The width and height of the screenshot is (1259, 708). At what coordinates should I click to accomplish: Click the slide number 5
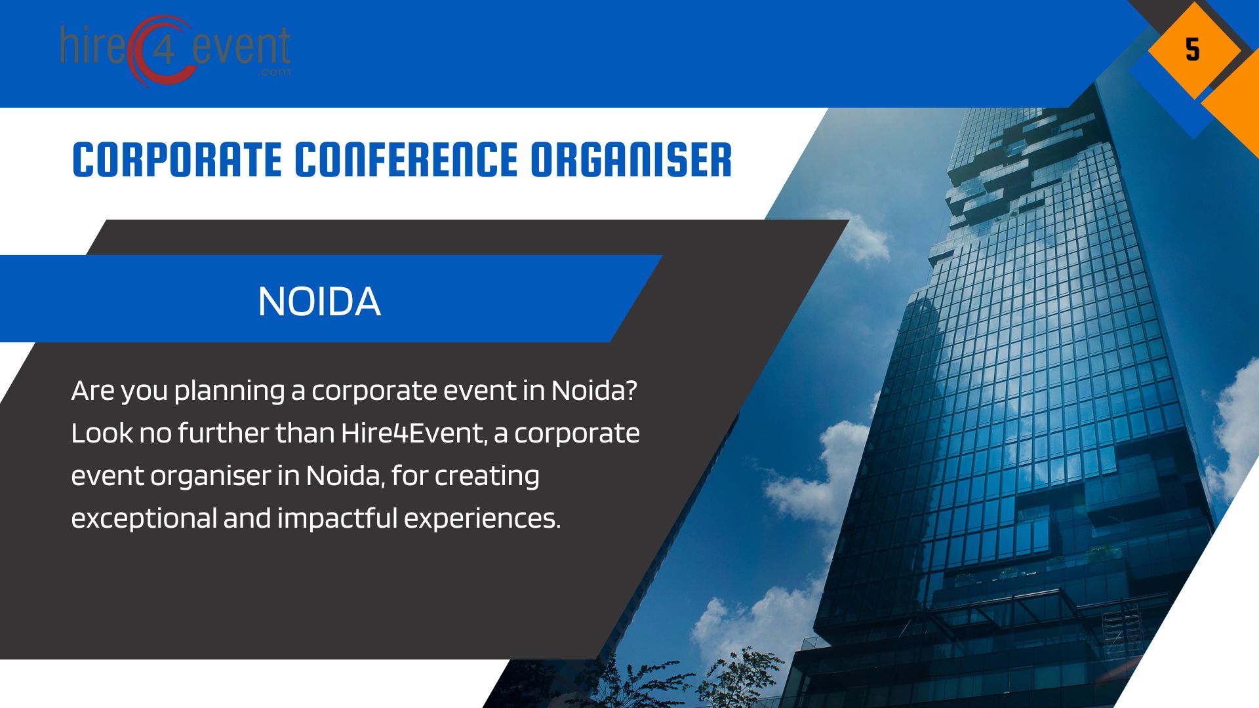tap(1192, 50)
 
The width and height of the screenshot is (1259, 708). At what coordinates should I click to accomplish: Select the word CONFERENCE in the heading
tap(406, 160)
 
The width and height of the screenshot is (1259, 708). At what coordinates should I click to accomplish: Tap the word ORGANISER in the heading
tap(631, 160)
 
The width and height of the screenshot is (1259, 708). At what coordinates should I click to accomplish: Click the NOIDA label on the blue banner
tap(319, 302)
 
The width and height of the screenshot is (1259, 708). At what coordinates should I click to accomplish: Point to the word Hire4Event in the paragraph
tap(413, 433)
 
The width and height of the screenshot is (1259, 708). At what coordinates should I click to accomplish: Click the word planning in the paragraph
tap(230, 391)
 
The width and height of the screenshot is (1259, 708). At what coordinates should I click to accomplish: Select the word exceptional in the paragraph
tap(144, 519)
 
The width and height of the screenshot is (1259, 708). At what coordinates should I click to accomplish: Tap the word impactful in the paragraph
tap(337, 519)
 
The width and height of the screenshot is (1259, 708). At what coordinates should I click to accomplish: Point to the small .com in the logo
tap(275, 72)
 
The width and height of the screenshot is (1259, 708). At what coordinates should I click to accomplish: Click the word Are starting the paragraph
tap(92, 391)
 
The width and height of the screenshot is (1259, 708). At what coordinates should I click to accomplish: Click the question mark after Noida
tap(630, 391)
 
